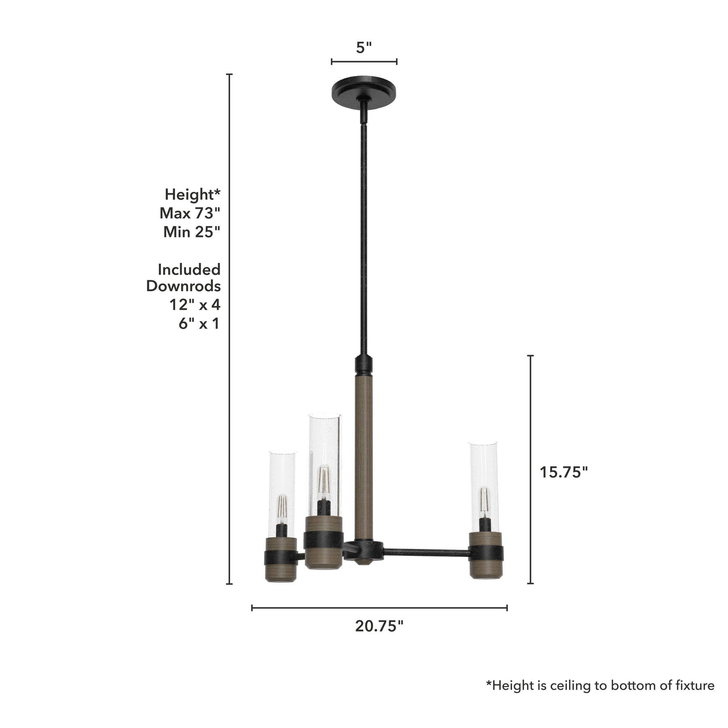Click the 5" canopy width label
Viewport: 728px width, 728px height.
[x=364, y=48]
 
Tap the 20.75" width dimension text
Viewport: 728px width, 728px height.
[x=379, y=626]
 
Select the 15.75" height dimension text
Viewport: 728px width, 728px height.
[x=564, y=472]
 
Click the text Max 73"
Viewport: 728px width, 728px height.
[x=190, y=213]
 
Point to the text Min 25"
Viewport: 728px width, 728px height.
[x=192, y=232]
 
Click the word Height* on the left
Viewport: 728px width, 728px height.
[x=193, y=195]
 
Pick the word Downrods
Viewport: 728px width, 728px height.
[x=184, y=286]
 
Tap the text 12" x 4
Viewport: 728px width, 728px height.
[x=195, y=305]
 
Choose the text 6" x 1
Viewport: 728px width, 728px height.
[x=199, y=324]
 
